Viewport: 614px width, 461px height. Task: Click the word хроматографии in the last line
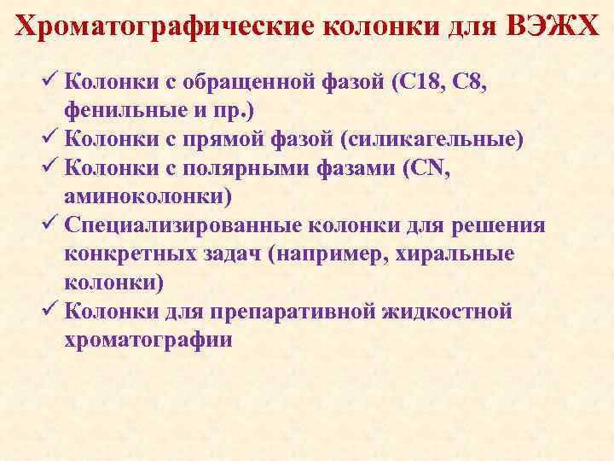148,340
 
